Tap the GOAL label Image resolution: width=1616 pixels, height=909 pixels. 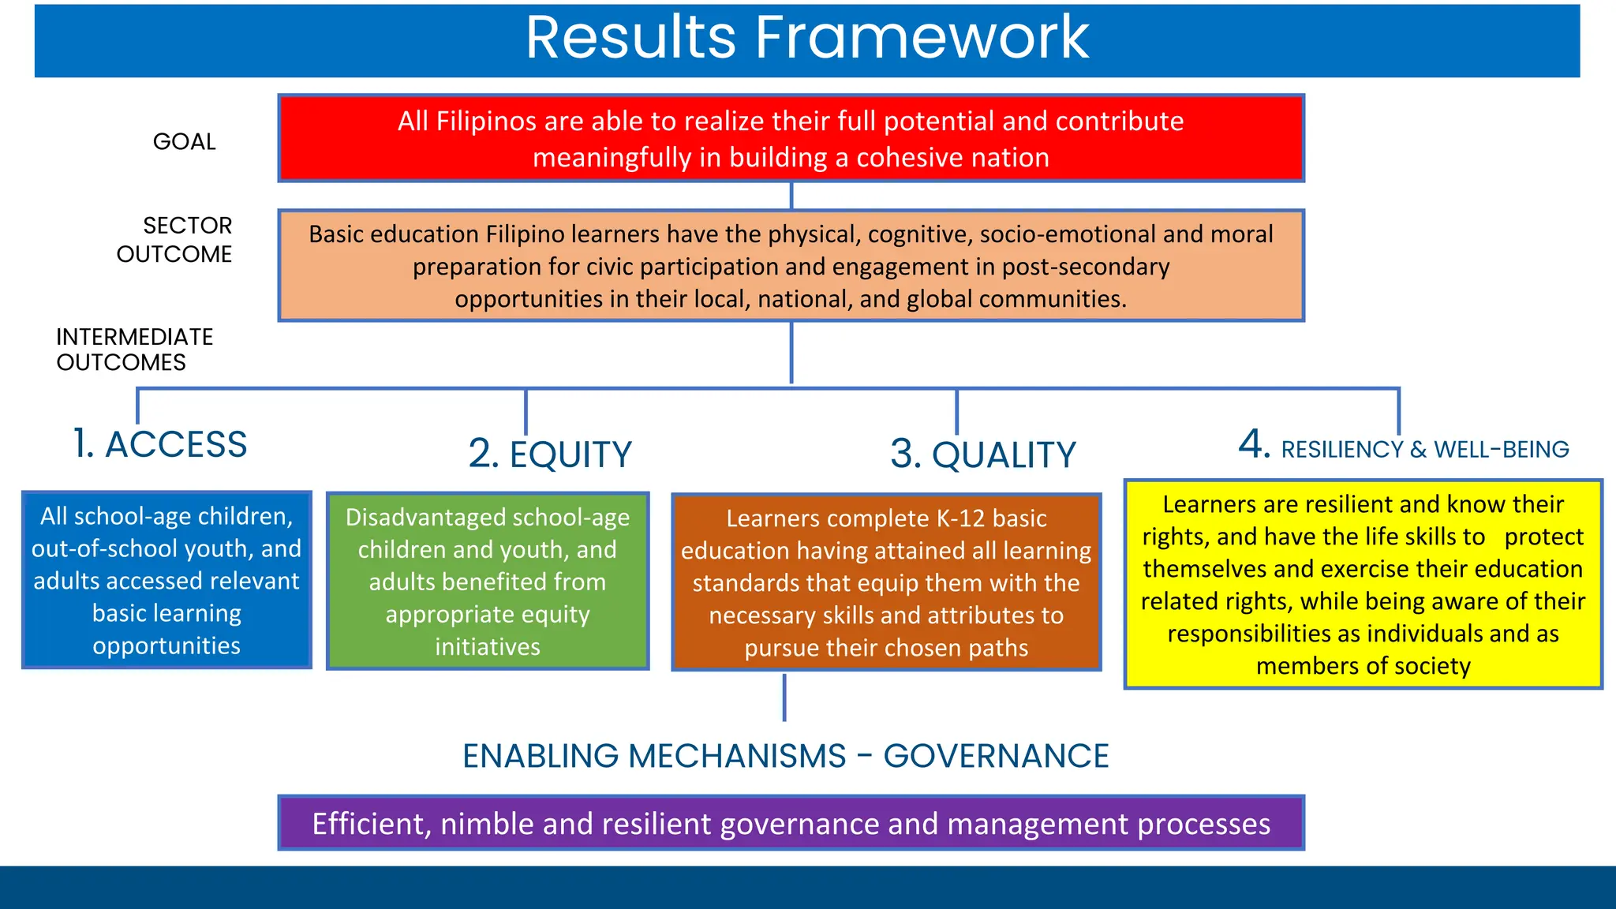click(184, 142)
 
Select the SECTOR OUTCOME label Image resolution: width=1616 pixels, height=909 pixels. click(175, 240)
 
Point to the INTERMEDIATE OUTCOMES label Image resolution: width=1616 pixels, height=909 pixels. click(134, 350)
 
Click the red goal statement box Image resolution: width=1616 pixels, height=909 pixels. click(791, 139)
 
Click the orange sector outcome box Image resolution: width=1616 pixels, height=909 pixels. click(791, 266)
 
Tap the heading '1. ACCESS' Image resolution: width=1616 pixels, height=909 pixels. click(160, 444)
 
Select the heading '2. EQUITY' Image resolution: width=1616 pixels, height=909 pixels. click(550, 454)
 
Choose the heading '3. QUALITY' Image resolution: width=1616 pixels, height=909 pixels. click(982, 455)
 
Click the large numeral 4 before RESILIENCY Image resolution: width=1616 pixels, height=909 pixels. click(1253, 444)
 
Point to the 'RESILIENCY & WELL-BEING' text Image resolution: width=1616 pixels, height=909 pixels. click(1424, 450)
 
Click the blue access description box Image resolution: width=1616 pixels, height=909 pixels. click(166, 581)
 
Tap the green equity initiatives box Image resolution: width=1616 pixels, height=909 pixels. click(488, 582)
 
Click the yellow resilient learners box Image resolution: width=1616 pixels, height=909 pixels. click(1363, 585)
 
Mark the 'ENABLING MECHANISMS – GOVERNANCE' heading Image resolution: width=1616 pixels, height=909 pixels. click(785, 756)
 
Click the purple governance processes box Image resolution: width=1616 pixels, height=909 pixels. click(791, 823)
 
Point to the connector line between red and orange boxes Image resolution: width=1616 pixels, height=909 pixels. click(791, 196)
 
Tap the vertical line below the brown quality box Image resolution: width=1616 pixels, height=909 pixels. click(784, 698)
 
